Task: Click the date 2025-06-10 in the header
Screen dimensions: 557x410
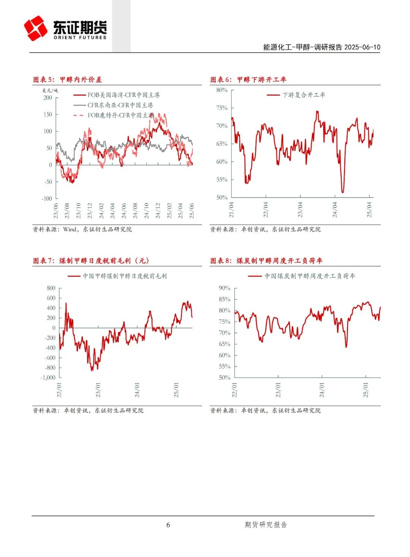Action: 362,47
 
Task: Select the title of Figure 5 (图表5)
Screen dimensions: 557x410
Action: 67,79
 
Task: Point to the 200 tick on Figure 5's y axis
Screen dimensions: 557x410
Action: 47,98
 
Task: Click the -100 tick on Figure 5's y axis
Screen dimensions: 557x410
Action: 47,198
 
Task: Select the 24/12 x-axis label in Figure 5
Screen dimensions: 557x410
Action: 158,210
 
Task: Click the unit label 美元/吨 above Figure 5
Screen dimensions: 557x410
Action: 50,90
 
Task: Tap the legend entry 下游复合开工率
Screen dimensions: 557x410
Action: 303,95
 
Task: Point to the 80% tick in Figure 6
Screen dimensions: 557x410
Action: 222,90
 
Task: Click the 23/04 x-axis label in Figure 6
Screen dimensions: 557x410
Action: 300,210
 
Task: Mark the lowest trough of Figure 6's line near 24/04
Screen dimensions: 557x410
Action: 343,192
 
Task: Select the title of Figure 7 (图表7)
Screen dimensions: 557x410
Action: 91,261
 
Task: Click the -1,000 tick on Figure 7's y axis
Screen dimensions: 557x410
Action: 48,378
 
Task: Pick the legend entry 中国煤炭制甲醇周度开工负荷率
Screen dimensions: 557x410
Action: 310,276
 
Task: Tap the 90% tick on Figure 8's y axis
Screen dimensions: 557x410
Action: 224,288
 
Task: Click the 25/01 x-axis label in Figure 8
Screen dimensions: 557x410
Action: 366,390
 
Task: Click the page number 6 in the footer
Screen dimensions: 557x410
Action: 168,525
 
